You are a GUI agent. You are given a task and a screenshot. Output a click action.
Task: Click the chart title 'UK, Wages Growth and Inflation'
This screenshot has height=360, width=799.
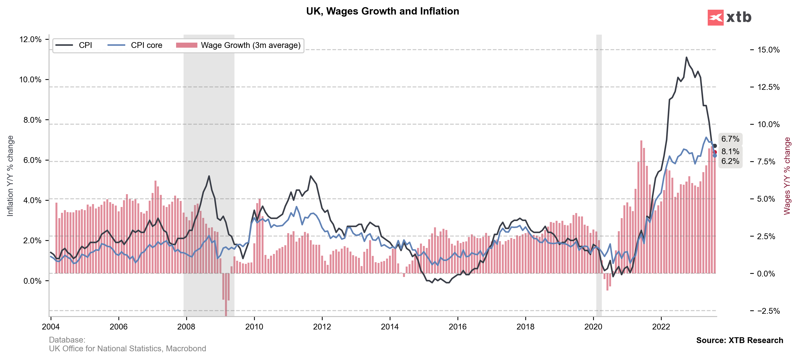click(x=382, y=11)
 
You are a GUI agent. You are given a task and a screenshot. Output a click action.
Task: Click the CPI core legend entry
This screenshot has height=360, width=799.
click(x=135, y=45)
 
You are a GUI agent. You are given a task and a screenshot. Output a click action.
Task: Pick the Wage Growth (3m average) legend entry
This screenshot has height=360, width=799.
click(x=238, y=45)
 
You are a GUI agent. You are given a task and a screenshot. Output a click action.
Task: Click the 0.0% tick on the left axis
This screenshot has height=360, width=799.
click(x=32, y=281)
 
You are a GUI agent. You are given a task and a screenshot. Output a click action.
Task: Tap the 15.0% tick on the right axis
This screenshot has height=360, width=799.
click(x=768, y=50)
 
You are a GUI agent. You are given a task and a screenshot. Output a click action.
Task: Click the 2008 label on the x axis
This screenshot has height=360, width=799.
click(x=186, y=327)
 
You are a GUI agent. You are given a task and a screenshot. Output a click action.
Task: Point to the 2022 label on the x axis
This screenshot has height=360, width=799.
click(x=661, y=327)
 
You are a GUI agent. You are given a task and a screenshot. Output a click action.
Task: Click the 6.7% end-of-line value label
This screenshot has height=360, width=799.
click(x=730, y=139)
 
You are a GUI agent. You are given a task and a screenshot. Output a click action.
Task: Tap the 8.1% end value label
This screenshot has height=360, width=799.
click(x=730, y=151)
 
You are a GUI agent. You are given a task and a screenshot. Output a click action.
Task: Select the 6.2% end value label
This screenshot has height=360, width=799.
click(x=730, y=161)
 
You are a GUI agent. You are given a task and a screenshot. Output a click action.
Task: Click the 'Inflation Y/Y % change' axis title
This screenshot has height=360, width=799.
click(x=10, y=176)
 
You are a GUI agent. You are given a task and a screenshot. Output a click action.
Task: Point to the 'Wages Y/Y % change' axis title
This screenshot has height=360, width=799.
click(x=787, y=176)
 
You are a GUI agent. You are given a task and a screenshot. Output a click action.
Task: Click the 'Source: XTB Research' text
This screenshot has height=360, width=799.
click(x=739, y=340)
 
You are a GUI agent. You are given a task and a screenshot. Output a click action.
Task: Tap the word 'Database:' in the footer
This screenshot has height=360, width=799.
click(x=67, y=340)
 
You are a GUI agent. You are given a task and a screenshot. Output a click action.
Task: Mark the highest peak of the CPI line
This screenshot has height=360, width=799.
click(x=686, y=57)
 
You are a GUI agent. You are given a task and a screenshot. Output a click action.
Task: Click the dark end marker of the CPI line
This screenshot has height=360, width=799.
click(x=715, y=146)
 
